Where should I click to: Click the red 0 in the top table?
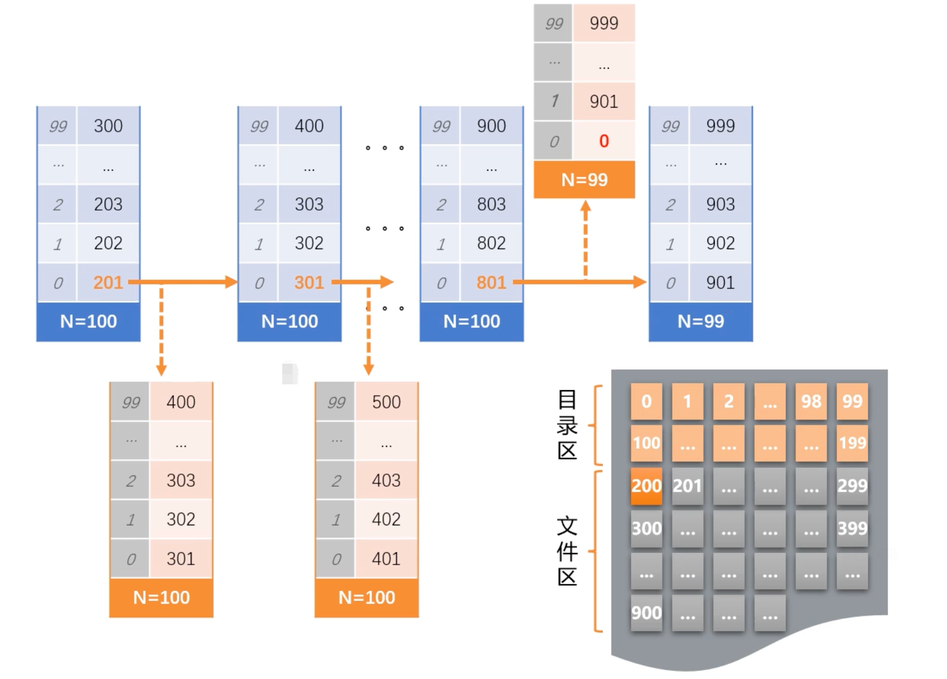(x=604, y=141)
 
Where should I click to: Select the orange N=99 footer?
(x=584, y=180)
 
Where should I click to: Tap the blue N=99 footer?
(x=700, y=321)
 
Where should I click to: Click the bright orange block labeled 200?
(x=646, y=486)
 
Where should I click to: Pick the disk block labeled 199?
(x=852, y=443)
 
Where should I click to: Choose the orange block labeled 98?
(x=811, y=401)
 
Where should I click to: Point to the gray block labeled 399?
(x=852, y=528)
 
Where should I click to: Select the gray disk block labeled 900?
(x=646, y=613)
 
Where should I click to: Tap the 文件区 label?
(x=567, y=551)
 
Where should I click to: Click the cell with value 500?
(x=386, y=402)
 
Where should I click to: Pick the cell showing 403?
(x=386, y=480)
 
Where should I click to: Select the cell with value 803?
(x=491, y=204)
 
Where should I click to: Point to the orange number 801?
(x=491, y=283)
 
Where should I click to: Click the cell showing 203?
(x=108, y=204)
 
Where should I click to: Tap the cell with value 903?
(x=720, y=204)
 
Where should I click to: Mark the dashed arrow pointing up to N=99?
(x=585, y=239)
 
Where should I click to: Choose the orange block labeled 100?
(x=646, y=443)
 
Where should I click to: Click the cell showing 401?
(x=386, y=558)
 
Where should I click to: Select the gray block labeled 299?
(x=852, y=486)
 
